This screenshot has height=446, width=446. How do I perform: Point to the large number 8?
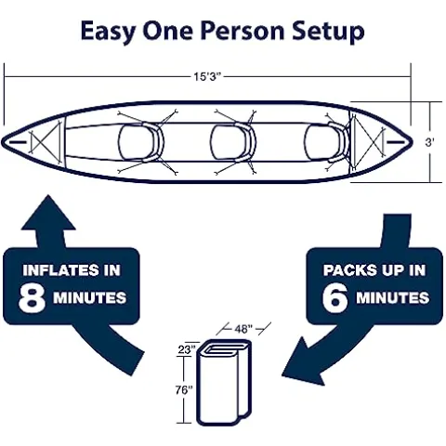[x=34, y=297]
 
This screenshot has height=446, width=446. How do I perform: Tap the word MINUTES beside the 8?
[x=88, y=298]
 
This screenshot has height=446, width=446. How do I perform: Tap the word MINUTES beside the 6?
[x=391, y=298]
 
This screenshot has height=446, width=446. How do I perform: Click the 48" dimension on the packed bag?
[x=243, y=329]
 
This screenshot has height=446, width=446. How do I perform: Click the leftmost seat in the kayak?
[x=140, y=142]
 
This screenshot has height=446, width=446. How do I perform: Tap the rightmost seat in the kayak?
[x=322, y=142]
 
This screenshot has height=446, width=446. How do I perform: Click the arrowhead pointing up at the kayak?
[x=53, y=212]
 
